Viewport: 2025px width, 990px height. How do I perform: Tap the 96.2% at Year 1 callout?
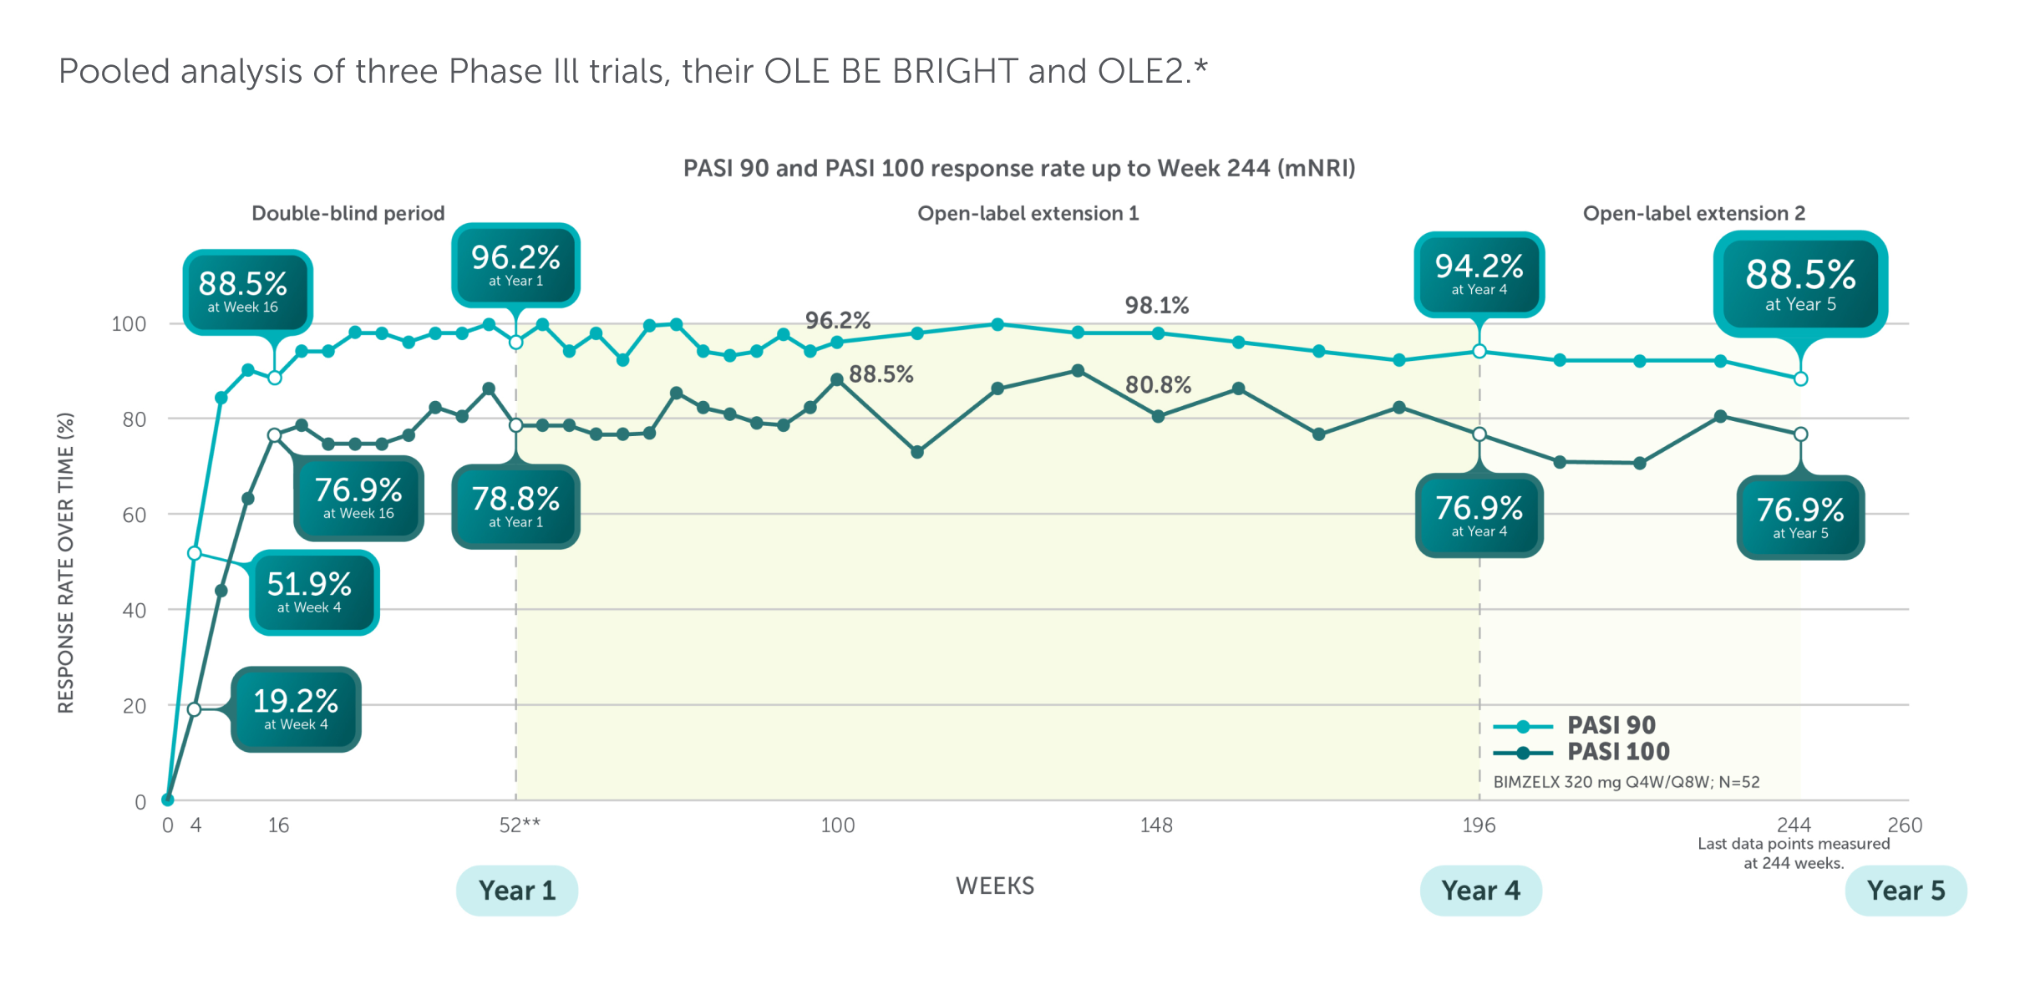pyautogui.click(x=515, y=265)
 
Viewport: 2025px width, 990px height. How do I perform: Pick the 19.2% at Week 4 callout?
pyautogui.click(x=296, y=709)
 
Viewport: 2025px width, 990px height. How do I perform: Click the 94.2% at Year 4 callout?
pyautogui.click(x=1479, y=274)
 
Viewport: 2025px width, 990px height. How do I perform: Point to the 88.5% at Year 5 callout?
pyautogui.click(x=1800, y=283)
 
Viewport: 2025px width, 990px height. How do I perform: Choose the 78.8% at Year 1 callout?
pyautogui.click(x=515, y=506)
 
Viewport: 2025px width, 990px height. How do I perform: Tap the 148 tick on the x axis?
pyautogui.click(x=1156, y=825)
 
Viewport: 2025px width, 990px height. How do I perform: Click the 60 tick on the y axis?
pyautogui.click(x=134, y=515)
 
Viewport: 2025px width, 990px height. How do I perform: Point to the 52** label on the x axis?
pyautogui.click(x=520, y=825)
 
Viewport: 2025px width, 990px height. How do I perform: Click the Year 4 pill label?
pyautogui.click(x=1480, y=891)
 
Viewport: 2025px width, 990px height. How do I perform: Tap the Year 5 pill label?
pyautogui.click(x=1906, y=891)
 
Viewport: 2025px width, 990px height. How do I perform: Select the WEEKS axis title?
pyautogui.click(x=995, y=886)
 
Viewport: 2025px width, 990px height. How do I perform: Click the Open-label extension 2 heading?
pyautogui.click(x=1693, y=213)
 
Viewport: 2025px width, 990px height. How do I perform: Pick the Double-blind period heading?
pyautogui.click(x=348, y=213)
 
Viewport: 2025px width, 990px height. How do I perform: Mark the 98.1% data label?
pyautogui.click(x=1156, y=305)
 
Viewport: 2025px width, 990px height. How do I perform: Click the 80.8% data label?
pyautogui.click(x=1158, y=384)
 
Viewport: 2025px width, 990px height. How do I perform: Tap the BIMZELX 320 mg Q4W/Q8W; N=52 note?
pyautogui.click(x=1626, y=782)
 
